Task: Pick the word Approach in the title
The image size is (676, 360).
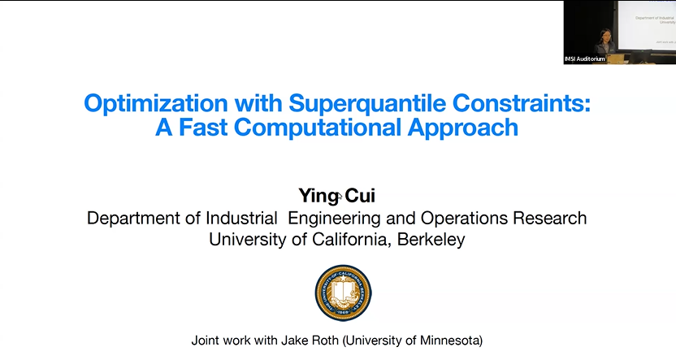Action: [x=466, y=128]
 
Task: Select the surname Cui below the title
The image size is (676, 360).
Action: [x=361, y=196]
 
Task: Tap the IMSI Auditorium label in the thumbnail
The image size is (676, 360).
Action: [x=584, y=59]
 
